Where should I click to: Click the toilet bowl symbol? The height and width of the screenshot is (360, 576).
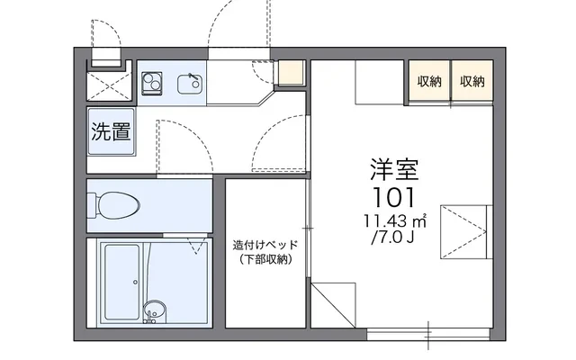coord(114,205)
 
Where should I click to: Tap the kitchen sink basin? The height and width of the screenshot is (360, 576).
coord(190,84)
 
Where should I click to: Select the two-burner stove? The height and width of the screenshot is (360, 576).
coord(152,84)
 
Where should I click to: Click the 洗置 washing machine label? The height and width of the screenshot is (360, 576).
coord(111,131)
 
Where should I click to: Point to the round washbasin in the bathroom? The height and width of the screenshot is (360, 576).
coord(154,309)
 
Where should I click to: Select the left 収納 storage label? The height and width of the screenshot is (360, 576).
coord(429,81)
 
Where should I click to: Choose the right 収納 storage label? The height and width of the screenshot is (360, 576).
coord(472,81)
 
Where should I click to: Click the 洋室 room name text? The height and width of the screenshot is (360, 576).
coord(394,170)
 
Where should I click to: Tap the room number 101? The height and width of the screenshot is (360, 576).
coord(394,197)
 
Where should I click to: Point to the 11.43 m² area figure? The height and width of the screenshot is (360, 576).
coord(395,221)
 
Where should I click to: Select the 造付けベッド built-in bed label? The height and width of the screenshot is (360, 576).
coord(265,245)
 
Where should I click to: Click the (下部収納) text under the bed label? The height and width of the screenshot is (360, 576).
coord(266,260)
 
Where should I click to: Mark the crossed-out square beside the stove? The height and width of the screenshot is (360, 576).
coord(109,86)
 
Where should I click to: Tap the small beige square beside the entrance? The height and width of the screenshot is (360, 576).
coord(291,72)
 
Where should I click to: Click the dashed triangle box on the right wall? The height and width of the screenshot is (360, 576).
coord(463,232)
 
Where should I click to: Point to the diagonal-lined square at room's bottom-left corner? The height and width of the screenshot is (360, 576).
coord(333,305)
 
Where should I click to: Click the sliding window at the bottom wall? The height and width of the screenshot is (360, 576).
coord(428,334)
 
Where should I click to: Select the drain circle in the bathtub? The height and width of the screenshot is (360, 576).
coord(136,282)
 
